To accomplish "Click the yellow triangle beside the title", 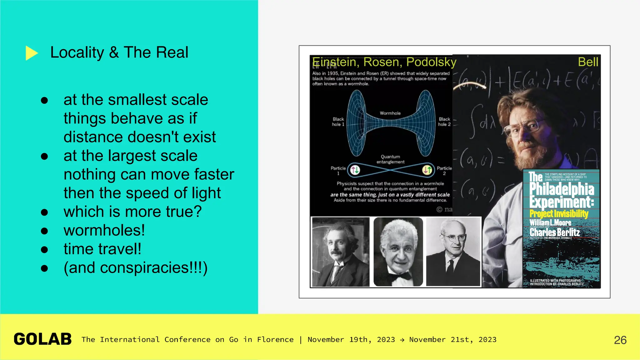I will click(31, 53).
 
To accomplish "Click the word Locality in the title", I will click(77, 52).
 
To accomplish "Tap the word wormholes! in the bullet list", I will click(104, 230).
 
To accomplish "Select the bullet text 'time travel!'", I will click(102, 249).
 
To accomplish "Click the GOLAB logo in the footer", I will click(42, 339).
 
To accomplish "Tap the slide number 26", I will click(620, 340).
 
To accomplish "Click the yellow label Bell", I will click(588, 62).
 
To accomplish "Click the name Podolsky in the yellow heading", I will click(431, 62).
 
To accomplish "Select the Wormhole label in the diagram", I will click(390, 113).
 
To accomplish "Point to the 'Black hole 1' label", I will click(338, 122).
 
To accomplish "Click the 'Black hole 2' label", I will click(444, 122).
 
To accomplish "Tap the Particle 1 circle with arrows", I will click(355, 170).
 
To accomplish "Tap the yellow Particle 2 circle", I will click(427, 170).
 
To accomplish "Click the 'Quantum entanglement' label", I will click(390, 159).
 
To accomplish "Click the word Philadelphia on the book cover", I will click(562, 189).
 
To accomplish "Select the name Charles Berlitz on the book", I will click(554, 232).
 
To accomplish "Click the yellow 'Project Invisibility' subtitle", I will click(559, 214).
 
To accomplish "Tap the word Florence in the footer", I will click(275, 340).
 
